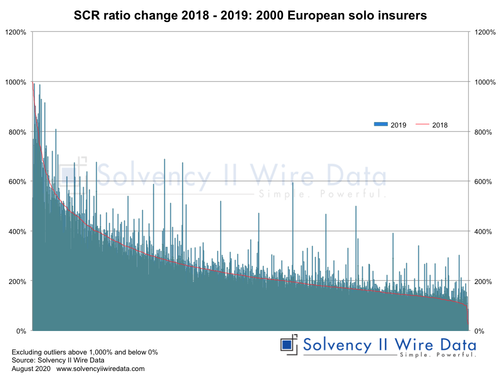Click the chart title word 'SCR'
[86, 15]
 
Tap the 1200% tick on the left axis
[17, 32]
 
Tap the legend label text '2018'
[440, 125]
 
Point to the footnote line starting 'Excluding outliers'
[84, 352]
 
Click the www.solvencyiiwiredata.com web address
[100, 368]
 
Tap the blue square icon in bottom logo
[287, 345]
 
